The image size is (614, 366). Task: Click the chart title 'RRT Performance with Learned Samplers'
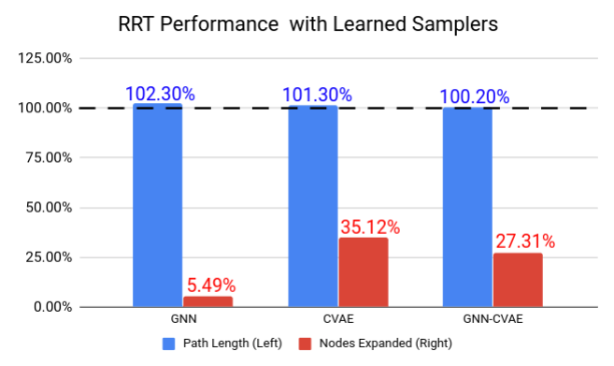pos(307,23)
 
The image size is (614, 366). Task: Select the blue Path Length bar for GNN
pos(157,205)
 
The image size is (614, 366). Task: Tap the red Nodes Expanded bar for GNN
pos(207,301)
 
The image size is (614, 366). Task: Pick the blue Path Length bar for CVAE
pos(312,206)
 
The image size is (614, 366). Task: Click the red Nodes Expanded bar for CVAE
pos(363,271)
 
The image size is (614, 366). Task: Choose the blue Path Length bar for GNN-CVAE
pos(466,207)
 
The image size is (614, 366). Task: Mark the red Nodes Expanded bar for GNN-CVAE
pos(517,280)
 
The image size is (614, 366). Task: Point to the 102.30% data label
pos(160,94)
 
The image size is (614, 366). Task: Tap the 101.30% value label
pos(317,95)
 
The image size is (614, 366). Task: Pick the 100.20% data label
pos(474,96)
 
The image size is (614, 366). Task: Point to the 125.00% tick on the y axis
pos(46,59)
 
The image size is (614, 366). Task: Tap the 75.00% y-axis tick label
pos(49,158)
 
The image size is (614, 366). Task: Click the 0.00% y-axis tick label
pos(52,307)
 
